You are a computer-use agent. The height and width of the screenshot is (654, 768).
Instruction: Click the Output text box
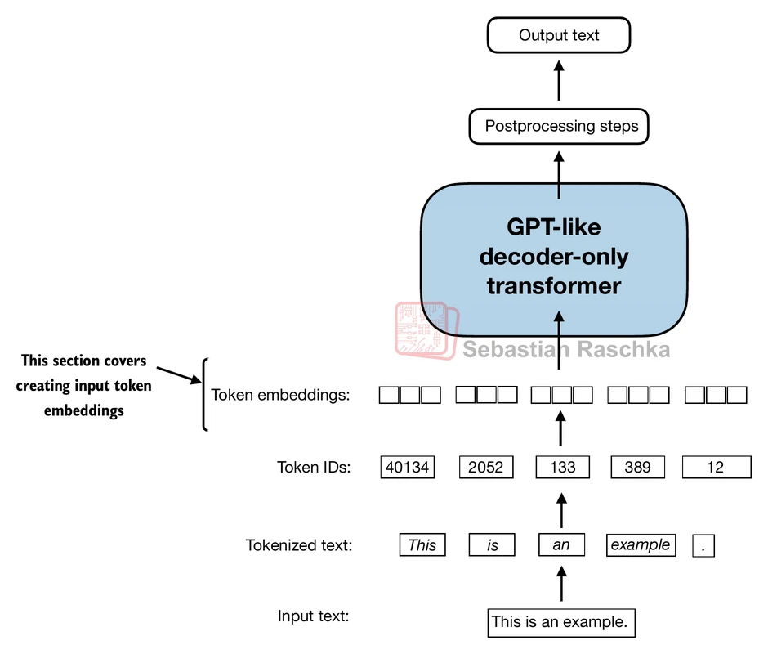pyautogui.click(x=559, y=36)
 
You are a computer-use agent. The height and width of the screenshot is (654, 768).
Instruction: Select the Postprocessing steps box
pyautogui.click(x=559, y=127)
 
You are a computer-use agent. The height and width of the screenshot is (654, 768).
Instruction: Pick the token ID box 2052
pyautogui.click(x=486, y=467)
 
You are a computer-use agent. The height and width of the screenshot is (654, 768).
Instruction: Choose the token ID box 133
pyautogui.click(x=562, y=467)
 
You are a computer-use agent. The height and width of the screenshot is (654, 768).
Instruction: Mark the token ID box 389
pyautogui.click(x=637, y=467)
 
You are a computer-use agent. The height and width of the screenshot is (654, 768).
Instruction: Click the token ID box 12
pyautogui.click(x=716, y=467)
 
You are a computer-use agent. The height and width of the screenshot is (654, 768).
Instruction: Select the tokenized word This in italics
pyautogui.click(x=422, y=545)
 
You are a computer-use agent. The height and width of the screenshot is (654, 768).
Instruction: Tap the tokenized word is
pyautogui.click(x=492, y=545)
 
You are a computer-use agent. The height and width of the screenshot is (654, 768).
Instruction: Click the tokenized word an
pyautogui.click(x=561, y=545)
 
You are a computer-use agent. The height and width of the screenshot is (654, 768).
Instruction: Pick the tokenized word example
pyautogui.click(x=641, y=545)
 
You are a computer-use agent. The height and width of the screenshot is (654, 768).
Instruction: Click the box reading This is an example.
pyautogui.click(x=560, y=622)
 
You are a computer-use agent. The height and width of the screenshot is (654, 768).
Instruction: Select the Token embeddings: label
pyautogui.click(x=280, y=396)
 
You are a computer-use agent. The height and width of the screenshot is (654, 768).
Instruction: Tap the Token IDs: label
pyautogui.click(x=314, y=468)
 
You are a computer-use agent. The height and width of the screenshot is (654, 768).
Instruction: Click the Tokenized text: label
pyautogui.click(x=299, y=545)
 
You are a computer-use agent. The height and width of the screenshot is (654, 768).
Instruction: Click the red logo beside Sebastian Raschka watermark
pyautogui.click(x=426, y=329)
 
